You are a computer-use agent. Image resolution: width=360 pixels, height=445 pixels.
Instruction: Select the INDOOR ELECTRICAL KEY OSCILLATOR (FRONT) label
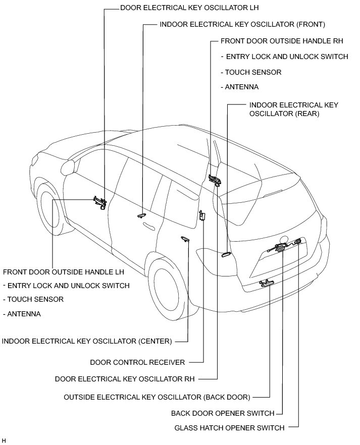(x=242, y=24)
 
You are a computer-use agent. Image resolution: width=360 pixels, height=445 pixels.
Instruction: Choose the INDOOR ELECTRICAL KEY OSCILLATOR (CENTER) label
(x=87, y=341)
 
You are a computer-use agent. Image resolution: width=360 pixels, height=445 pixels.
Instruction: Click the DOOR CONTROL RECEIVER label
(x=137, y=362)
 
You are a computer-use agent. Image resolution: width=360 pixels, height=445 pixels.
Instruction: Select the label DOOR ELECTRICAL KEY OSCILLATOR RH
(x=124, y=378)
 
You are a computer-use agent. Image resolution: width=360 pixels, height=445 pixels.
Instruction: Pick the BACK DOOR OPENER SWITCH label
(x=223, y=413)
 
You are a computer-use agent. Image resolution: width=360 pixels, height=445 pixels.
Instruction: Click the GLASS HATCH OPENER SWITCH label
(x=229, y=428)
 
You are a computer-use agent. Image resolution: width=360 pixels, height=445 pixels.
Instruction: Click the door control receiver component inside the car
(x=203, y=216)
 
